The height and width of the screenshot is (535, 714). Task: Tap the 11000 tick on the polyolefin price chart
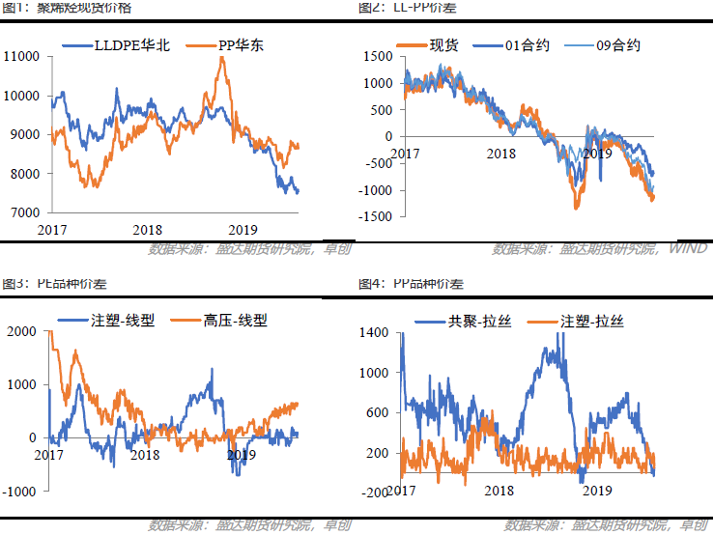pos(21,57)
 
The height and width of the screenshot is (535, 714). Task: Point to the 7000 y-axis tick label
pos(24,212)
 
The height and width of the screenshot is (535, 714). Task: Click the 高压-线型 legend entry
pos(235,321)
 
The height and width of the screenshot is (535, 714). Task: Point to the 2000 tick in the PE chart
pos(21,331)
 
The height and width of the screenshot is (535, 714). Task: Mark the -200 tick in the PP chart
pos(377,493)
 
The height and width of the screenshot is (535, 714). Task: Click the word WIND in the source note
pos(687,250)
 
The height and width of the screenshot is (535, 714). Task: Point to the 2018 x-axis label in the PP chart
pos(499,491)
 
